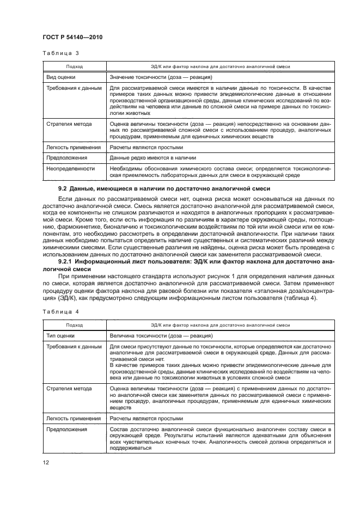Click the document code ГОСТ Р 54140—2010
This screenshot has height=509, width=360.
pos(73,36)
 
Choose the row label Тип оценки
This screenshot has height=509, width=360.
pos(61,335)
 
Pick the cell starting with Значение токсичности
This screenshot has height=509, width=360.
pos(161,77)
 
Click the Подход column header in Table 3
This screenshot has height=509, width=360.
pos(74,66)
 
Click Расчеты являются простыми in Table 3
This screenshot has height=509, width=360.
pos(147,147)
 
